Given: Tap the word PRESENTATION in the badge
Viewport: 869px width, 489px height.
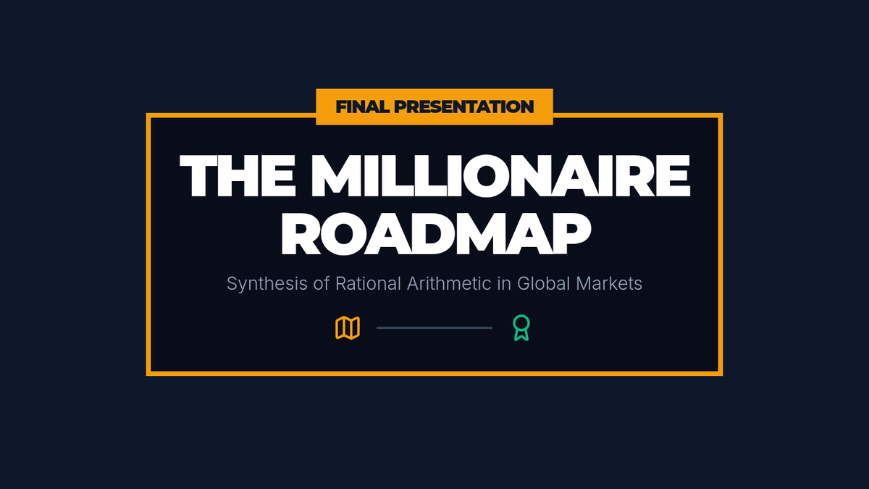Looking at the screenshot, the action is pos(464,106).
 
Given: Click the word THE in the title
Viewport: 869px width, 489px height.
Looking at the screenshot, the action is pos(238,176).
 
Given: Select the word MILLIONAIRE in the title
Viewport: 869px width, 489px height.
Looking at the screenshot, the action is pos(501,176).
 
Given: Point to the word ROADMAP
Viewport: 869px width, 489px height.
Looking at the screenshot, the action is pos(436,233).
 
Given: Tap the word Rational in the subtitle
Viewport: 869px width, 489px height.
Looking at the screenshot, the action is pos(368,283).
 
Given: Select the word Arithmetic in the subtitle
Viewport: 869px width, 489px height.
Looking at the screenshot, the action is pos(449,283).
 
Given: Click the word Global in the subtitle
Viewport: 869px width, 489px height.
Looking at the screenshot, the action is pos(544,283).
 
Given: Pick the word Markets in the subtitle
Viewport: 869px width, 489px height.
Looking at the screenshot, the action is pos(609,283).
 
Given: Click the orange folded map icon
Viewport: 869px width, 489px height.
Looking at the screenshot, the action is pos(348,328).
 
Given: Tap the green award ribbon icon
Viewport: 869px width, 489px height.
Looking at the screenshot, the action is pos(521,328).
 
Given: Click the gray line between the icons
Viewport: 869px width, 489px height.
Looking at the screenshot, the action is pos(434,328).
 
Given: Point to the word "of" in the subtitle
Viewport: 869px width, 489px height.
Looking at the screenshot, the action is pos(322,283).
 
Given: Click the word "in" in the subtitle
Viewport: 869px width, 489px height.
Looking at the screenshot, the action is pos(504,283).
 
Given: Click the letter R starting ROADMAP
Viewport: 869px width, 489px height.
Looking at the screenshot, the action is pos(301,233).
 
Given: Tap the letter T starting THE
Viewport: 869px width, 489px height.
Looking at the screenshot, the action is pos(198,176).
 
